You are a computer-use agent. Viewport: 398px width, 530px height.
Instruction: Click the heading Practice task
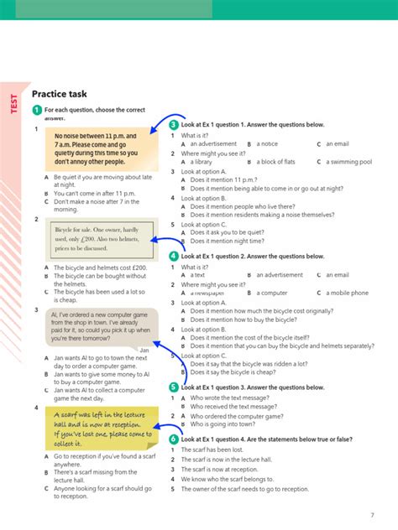(x=60, y=95)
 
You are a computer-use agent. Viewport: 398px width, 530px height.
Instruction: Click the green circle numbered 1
(x=37, y=110)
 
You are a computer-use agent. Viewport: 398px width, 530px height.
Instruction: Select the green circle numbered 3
(x=174, y=125)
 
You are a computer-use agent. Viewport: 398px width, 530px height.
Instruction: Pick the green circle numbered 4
(x=174, y=257)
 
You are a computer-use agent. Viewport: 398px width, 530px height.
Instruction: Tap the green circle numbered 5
(x=174, y=387)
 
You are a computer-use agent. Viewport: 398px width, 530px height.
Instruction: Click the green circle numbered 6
(x=174, y=439)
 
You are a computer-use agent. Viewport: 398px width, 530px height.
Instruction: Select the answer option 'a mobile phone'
(x=347, y=294)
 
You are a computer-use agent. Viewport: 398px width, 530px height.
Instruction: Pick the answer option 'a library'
(x=202, y=162)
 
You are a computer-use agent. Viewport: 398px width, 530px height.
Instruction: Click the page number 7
(x=372, y=514)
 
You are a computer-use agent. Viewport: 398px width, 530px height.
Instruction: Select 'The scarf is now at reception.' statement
(x=223, y=470)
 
